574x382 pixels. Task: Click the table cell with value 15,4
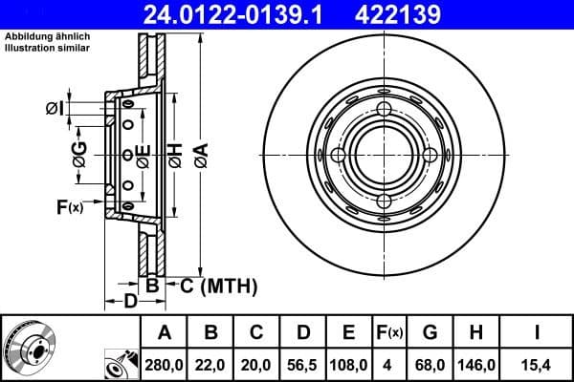pos(540,365)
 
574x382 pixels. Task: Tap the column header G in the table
pos(429,332)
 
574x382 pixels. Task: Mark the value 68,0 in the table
pos(429,365)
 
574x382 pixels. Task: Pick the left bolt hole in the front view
pos(337,155)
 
